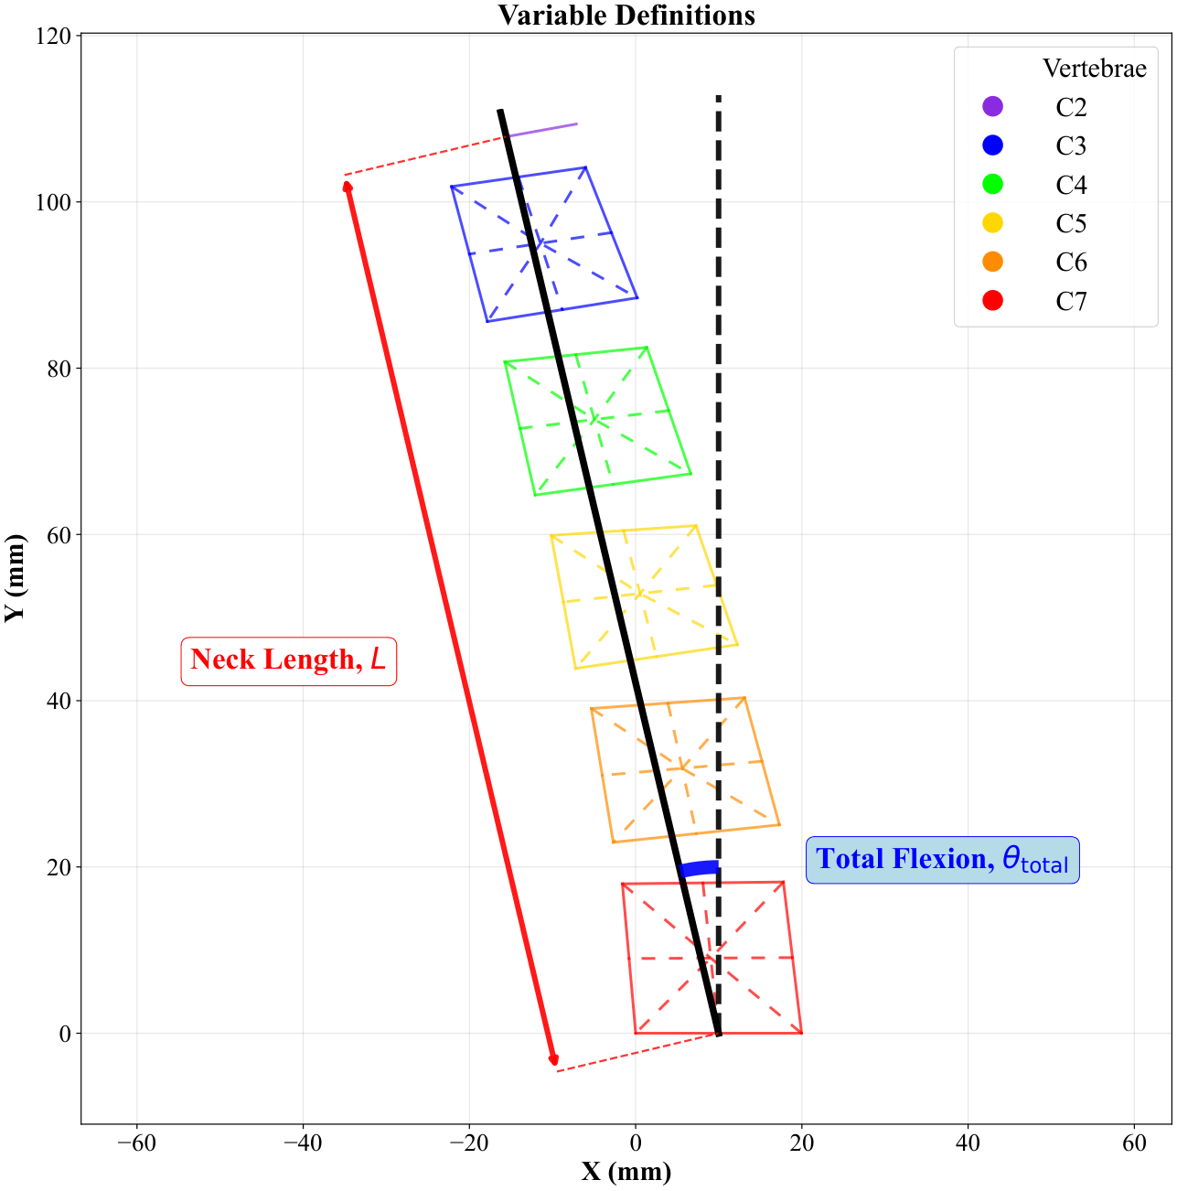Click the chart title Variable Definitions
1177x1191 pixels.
pos(626,15)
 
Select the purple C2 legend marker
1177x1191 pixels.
pos(992,106)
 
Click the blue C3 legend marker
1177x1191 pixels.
pos(992,145)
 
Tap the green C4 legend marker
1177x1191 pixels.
pos(992,184)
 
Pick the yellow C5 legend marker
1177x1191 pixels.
pos(992,222)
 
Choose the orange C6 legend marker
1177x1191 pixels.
pos(992,262)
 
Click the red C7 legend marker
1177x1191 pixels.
pos(992,300)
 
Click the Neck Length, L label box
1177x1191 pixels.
pos(289,660)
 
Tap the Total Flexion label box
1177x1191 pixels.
pos(942,860)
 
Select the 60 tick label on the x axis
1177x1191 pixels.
pos(1134,1143)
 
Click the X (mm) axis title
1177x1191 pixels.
pos(626,1171)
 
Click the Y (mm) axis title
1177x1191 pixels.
pos(15,578)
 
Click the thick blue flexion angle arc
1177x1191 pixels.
pos(699,868)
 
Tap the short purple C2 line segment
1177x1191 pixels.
pos(541,130)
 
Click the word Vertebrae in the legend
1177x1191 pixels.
pos(1094,68)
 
